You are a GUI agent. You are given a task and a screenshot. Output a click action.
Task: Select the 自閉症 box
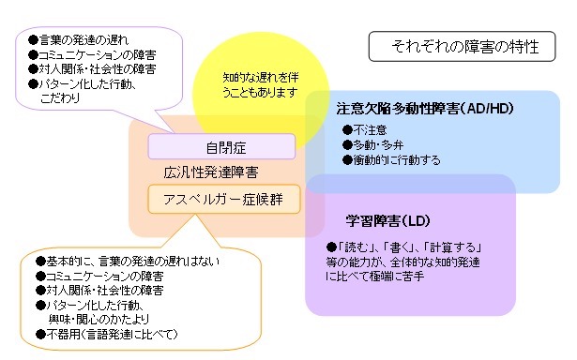[222, 147]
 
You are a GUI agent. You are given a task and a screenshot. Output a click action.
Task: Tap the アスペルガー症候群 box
[222, 198]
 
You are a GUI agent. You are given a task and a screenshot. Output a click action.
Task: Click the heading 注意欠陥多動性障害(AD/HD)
[424, 110]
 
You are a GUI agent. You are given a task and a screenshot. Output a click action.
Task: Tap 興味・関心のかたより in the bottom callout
[109, 320]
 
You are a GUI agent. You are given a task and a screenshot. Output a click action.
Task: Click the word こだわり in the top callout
[62, 97]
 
